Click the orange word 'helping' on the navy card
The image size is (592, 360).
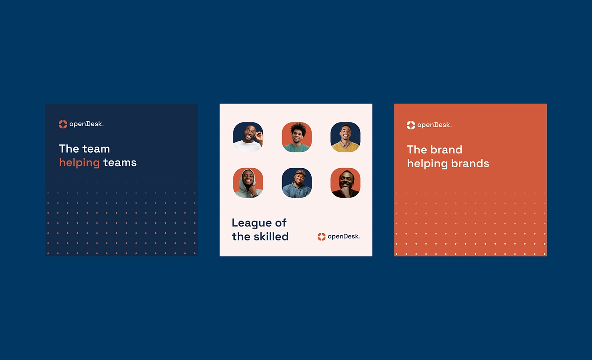pos(79,163)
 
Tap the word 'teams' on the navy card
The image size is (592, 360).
pos(120,163)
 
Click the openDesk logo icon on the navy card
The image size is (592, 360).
pos(63,124)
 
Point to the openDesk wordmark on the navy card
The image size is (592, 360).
pos(86,124)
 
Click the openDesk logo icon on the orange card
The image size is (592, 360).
pos(411,125)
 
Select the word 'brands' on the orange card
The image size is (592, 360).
pos(470,164)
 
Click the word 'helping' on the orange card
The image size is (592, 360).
pos(428,164)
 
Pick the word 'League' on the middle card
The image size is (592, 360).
pos(252,224)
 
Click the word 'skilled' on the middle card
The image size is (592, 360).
pos(271,236)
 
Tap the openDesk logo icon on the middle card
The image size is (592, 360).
pos(322,237)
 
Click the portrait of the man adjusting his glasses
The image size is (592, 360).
pos(248,137)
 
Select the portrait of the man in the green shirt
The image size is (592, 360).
pos(297,137)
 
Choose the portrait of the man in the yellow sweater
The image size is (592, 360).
pos(345,137)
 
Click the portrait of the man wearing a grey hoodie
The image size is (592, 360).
pos(248,183)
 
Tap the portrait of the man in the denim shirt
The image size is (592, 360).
pos(297,183)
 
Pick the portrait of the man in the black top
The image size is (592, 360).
pos(345,183)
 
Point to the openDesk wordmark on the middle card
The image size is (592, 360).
pos(344,236)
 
